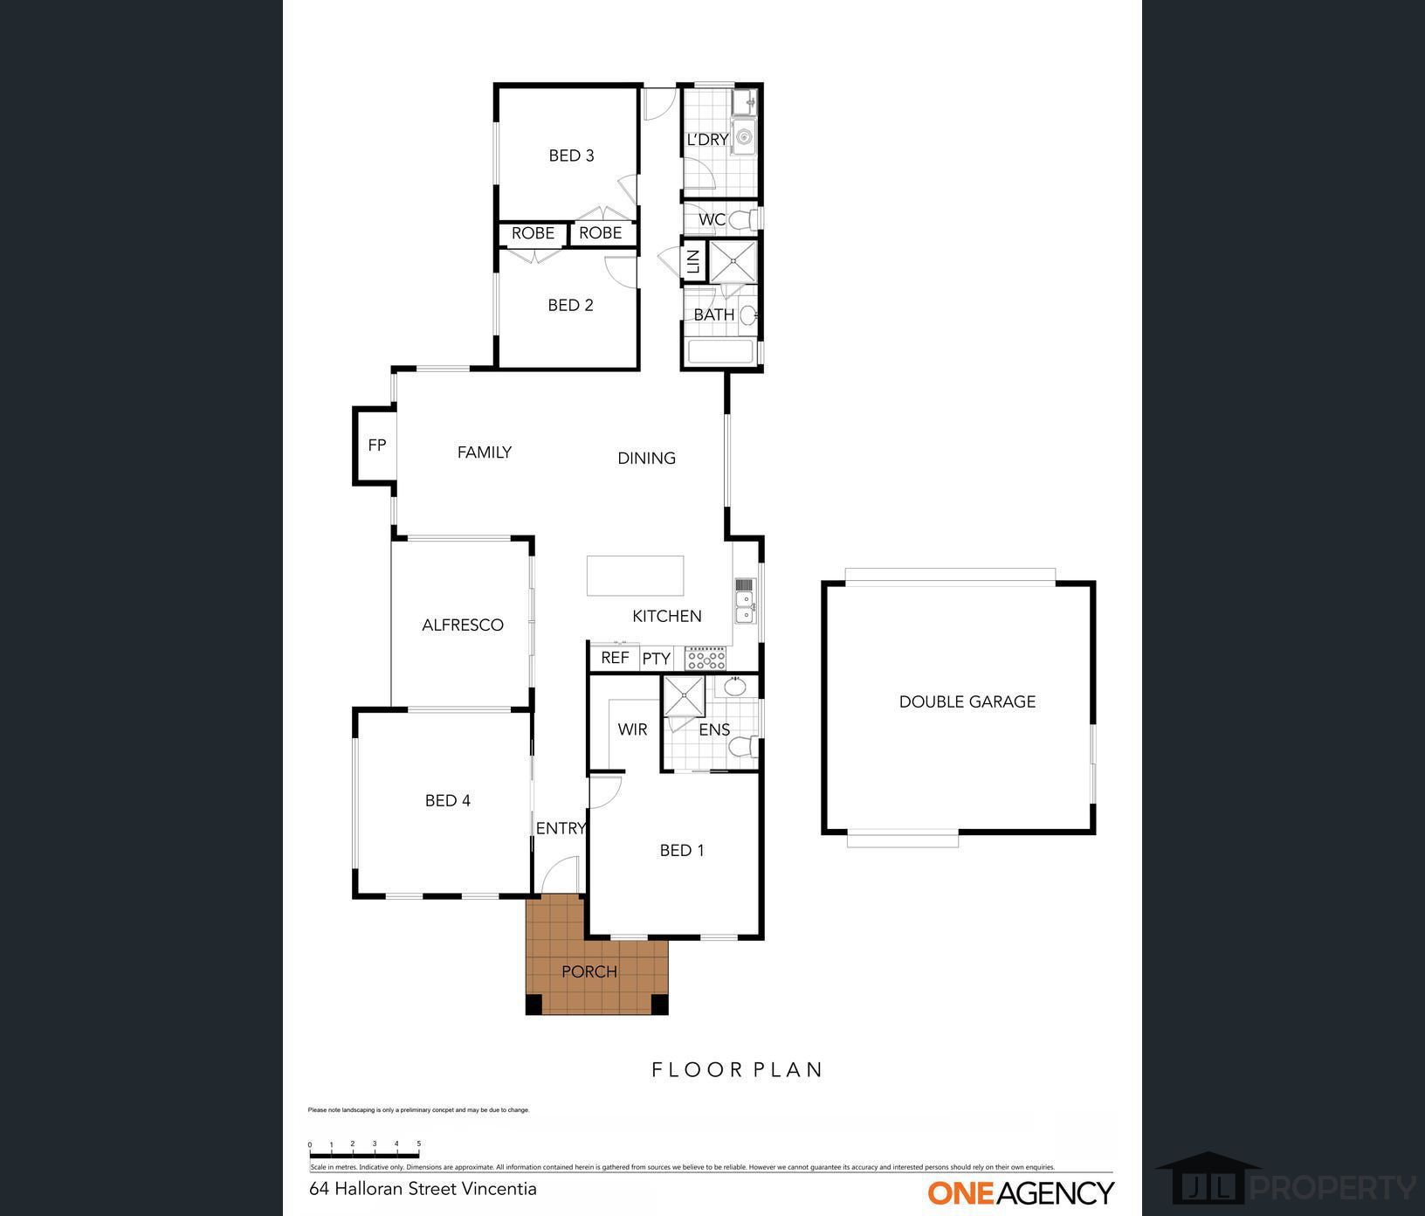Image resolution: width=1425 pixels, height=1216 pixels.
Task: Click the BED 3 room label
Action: [571, 155]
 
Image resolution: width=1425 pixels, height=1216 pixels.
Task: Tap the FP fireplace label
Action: [376, 446]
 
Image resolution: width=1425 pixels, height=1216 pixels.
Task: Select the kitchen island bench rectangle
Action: [635, 576]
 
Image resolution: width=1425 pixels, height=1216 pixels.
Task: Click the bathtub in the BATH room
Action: [720, 352]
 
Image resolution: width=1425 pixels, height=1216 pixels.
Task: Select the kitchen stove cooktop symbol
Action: [706, 658]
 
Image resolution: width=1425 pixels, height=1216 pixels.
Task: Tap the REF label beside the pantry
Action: [615, 658]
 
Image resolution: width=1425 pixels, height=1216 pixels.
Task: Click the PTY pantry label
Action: [656, 659]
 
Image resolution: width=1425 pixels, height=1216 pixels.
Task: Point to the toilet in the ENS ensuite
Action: [743, 748]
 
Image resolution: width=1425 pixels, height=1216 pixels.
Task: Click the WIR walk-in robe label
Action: [632, 729]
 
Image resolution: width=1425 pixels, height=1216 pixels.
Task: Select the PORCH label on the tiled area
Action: [589, 971]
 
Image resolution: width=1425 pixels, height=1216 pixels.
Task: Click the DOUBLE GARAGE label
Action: [967, 701]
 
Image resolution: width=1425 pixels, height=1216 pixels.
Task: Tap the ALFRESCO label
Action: [462, 625]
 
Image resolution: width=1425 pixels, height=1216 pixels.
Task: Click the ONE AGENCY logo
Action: [1020, 1192]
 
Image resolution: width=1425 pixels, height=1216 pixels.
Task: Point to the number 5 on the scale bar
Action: [418, 1143]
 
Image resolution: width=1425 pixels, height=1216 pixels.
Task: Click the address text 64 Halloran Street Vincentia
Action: [423, 1189]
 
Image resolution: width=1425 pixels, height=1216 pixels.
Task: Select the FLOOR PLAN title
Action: [738, 1069]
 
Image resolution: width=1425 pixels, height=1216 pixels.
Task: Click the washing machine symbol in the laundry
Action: [743, 138]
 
